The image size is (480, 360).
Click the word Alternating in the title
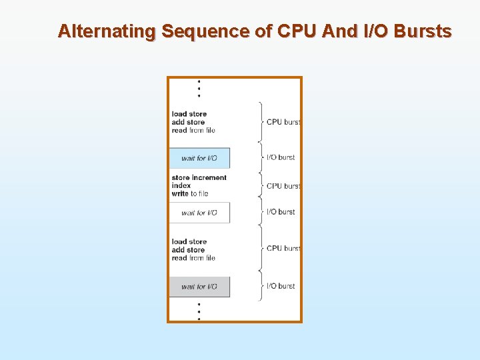107,31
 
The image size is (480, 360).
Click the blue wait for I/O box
199,158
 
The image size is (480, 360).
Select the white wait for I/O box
199,213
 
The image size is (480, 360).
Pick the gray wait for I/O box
199,287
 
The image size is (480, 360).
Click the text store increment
199,177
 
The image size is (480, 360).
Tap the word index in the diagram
181,185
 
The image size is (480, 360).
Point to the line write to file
190,193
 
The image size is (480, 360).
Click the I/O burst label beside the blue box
281,157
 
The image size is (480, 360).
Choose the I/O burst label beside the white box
281,212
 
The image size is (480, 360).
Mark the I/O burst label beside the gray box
281,286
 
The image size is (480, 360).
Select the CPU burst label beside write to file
283,186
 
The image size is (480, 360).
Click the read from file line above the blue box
193,130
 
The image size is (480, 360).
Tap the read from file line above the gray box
193,258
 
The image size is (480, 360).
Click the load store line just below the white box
189,241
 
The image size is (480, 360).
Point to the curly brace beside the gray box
259,286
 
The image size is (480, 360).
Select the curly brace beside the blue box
259,157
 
